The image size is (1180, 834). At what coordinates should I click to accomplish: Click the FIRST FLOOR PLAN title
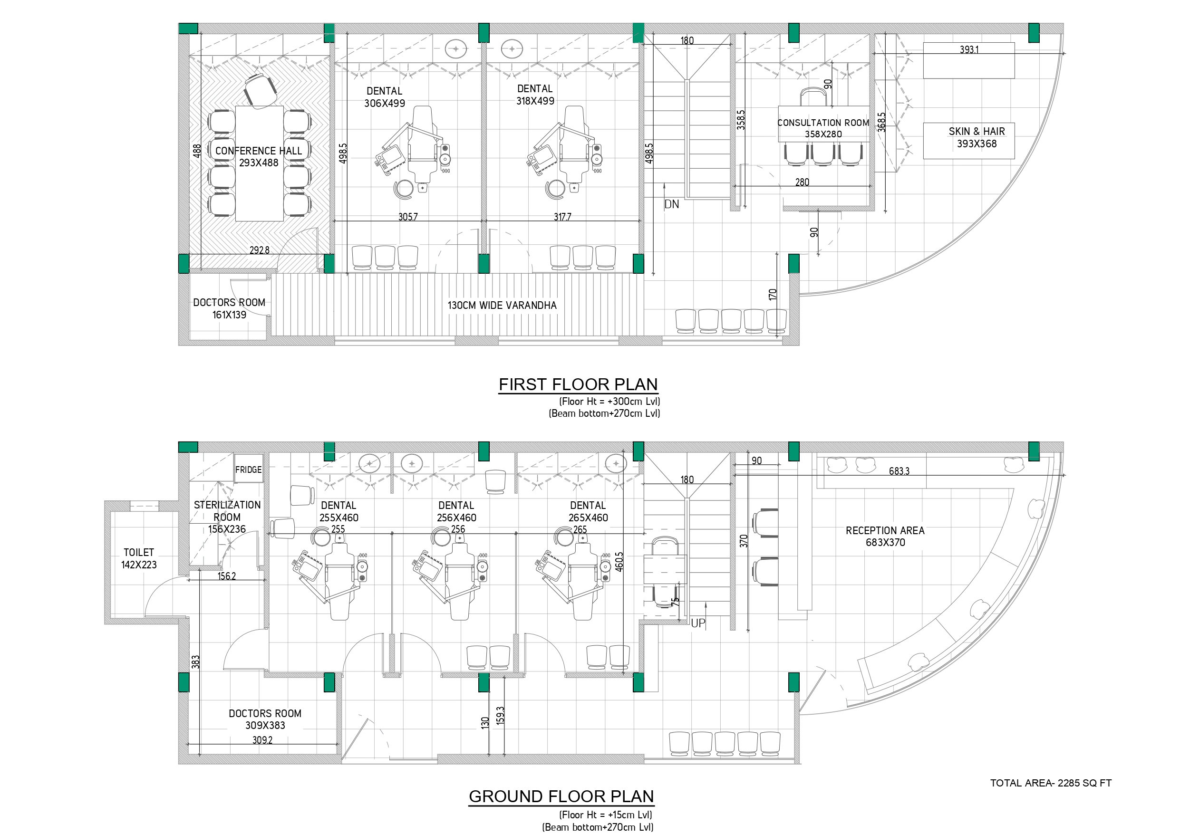click(578, 384)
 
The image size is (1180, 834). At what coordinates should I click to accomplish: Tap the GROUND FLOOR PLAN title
click(561, 796)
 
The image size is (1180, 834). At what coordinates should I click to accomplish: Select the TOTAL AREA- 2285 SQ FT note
click(1051, 783)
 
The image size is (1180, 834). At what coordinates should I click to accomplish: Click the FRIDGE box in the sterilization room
click(249, 469)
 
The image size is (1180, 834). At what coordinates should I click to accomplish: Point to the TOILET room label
click(139, 552)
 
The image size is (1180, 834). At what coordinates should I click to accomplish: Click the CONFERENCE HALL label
click(259, 151)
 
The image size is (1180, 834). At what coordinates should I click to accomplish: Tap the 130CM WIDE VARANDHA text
click(502, 305)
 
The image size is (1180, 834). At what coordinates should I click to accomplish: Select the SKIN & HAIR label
click(977, 131)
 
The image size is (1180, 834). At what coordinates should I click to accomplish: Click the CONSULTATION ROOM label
click(823, 123)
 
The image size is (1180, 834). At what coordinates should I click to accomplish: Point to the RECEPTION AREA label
click(885, 530)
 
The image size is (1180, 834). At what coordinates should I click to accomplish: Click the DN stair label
click(672, 204)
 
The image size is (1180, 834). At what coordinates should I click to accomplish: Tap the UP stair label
click(698, 623)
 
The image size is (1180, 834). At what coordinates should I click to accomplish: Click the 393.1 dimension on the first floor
click(969, 49)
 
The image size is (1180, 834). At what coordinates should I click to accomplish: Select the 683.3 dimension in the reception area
click(899, 470)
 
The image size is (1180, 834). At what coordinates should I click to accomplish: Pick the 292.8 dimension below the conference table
click(260, 250)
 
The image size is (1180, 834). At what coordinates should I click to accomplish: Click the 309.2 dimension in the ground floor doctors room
click(262, 740)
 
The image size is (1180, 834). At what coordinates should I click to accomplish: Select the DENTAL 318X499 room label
click(535, 95)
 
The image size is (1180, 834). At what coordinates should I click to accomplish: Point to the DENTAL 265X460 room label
click(588, 512)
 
